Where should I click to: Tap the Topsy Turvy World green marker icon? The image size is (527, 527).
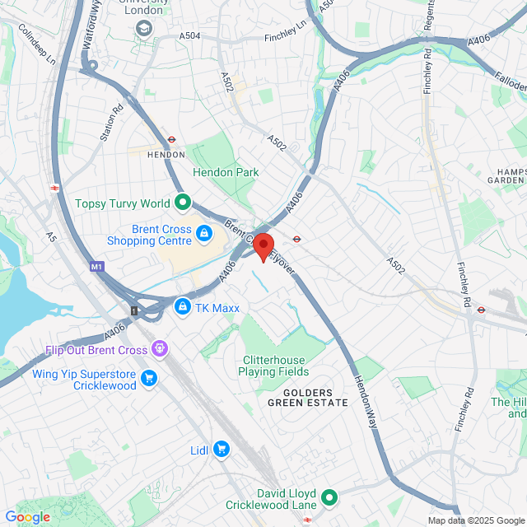point(183,203)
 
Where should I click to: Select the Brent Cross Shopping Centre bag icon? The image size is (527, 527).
point(203,236)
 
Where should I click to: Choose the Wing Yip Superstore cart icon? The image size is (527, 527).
point(149,379)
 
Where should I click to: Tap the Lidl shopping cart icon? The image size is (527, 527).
point(221,449)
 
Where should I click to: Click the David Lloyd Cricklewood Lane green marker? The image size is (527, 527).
point(329,497)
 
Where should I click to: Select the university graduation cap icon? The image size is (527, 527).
point(145,29)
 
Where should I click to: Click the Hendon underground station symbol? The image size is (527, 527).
point(172,140)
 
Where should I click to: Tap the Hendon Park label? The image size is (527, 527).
point(226,172)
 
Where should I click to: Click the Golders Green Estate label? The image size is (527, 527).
point(300,398)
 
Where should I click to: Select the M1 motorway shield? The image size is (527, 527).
point(97,268)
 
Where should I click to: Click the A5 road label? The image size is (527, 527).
point(51,237)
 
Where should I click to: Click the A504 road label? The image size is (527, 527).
point(190,35)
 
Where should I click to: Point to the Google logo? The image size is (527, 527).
point(27,517)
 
